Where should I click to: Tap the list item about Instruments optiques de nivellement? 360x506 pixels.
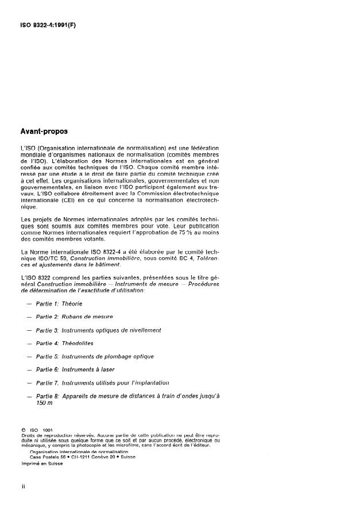(98, 330)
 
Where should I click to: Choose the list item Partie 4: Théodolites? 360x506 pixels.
(64, 343)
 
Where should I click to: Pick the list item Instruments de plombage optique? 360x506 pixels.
(95, 356)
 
